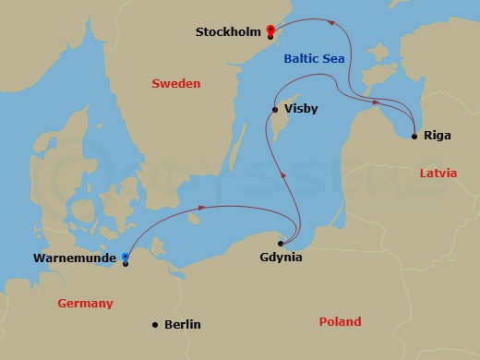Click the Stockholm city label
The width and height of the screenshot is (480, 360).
tap(226, 32)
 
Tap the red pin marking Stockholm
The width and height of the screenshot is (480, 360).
tap(270, 30)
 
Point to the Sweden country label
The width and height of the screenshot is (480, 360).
tap(175, 84)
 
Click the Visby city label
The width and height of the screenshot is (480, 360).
tap(302, 109)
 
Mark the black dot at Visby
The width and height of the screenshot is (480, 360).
tap(274, 110)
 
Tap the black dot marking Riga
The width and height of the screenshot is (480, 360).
tap(414, 137)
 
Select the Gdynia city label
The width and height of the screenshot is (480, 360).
tap(282, 258)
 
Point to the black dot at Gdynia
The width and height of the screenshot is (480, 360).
tap(280, 243)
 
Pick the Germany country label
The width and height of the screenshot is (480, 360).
tap(85, 303)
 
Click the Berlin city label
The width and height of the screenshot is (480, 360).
tap(182, 325)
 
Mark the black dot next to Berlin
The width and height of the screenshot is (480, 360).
tap(155, 324)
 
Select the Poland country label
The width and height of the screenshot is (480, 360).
tap(340, 322)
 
